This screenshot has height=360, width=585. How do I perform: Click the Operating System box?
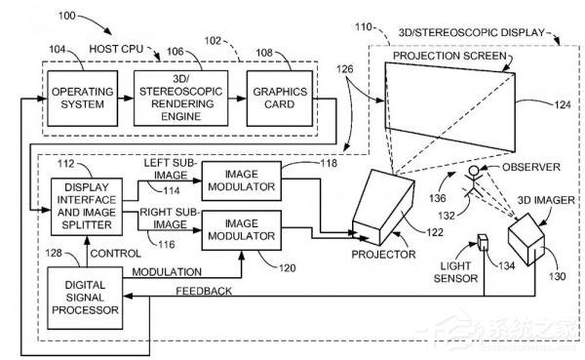click(x=83, y=99)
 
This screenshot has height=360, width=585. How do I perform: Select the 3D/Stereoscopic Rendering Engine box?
click(x=181, y=99)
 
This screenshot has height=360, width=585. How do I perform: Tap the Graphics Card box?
click(x=280, y=99)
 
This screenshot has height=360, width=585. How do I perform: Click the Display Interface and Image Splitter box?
click(x=87, y=207)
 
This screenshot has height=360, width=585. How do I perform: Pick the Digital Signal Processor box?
click(x=85, y=298)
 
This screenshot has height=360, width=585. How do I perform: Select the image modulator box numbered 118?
click(x=242, y=180)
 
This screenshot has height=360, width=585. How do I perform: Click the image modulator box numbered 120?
click(x=242, y=230)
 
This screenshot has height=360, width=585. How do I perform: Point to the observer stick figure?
click(x=472, y=181)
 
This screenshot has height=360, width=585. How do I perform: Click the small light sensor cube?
click(x=484, y=242)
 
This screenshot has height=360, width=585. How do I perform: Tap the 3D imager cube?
click(x=526, y=239)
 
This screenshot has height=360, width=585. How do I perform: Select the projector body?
click(x=383, y=208)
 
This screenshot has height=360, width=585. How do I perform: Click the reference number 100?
click(x=67, y=16)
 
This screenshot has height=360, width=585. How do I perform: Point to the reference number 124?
click(x=563, y=105)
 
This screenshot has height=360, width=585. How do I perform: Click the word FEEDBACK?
click(x=204, y=291)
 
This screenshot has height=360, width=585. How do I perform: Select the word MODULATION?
click(x=167, y=272)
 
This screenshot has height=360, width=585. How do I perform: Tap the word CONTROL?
click(x=116, y=254)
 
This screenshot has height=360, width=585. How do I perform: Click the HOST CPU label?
click(x=116, y=49)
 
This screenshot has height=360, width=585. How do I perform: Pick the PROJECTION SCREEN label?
click(x=449, y=56)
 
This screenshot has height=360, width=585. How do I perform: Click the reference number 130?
click(x=558, y=276)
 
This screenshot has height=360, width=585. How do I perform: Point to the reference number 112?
click(x=66, y=164)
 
